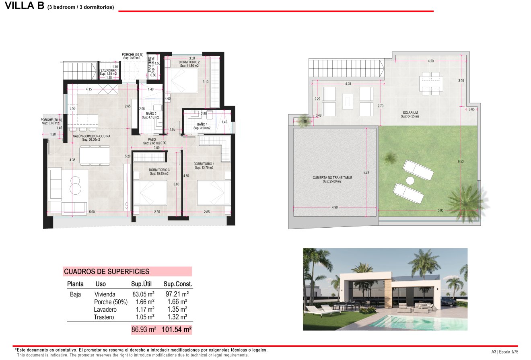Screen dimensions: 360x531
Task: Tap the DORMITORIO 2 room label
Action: (x=189, y=62)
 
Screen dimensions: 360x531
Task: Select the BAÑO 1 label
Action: (x=202, y=124)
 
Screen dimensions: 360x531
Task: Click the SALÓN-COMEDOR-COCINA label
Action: (x=91, y=136)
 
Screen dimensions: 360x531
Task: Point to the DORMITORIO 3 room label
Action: (x=159, y=170)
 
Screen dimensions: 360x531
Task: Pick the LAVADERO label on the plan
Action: (x=109, y=71)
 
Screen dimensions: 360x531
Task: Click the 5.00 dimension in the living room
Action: (x=92, y=212)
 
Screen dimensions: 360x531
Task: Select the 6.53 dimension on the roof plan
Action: (x=461, y=162)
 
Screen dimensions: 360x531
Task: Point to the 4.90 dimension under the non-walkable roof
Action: (x=335, y=207)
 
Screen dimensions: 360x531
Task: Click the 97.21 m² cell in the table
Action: (x=177, y=294)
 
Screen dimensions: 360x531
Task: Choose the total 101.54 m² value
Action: (x=176, y=330)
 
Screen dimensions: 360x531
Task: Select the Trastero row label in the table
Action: (x=104, y=317)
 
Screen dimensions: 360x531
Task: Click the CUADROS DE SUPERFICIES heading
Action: (x=107, y=272)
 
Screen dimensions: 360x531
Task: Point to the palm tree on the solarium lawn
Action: (x=467, y=199)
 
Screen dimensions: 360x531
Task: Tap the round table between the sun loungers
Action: (x=410, y=181)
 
